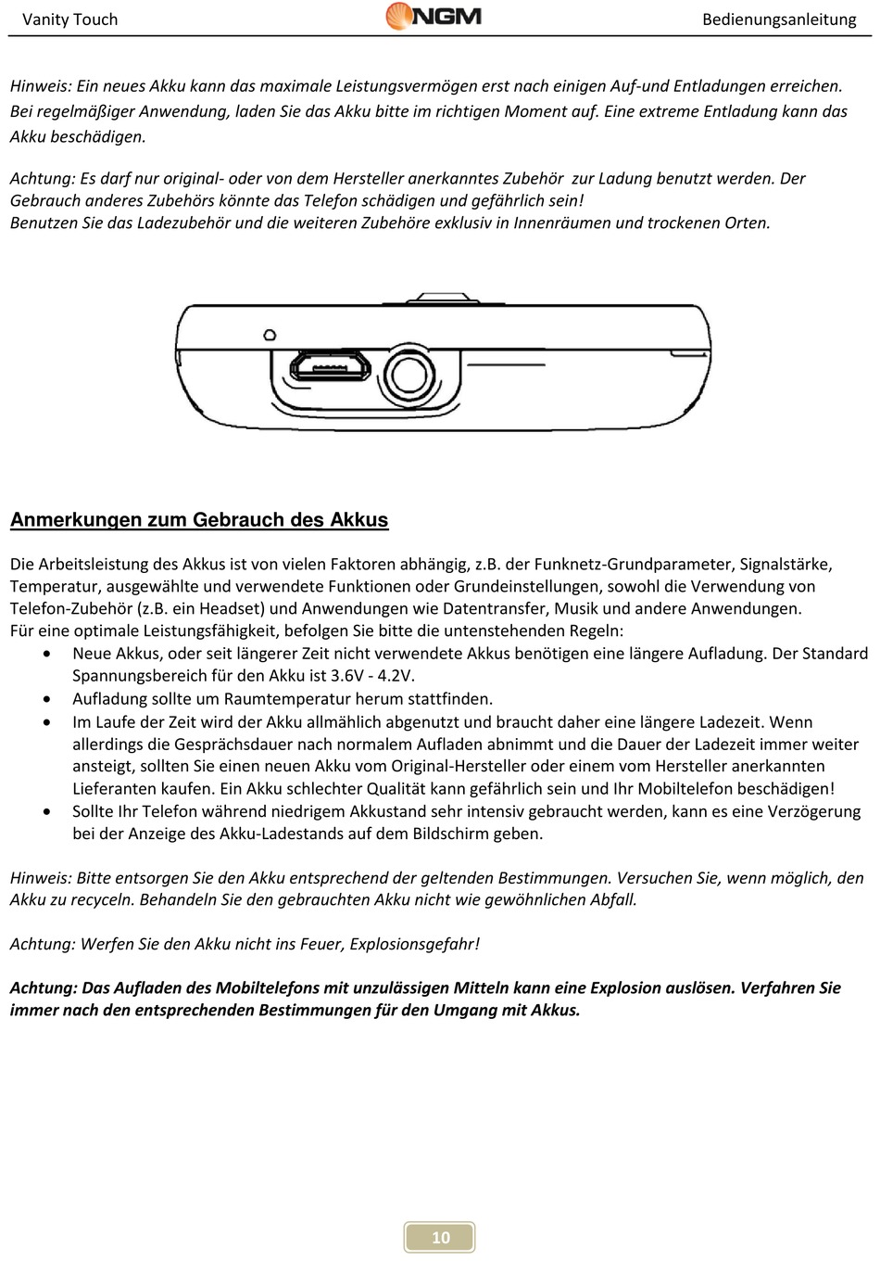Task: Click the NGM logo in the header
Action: (434, 17)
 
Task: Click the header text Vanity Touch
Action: (69, 19)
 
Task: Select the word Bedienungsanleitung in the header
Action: (779, 19)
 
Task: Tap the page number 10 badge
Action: (440, 1237)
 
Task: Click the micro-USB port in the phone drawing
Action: (331, 367)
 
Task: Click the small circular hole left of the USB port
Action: (270, 334)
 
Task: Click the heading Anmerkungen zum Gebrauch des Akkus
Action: (199, 520)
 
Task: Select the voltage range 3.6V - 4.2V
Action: (372, 676)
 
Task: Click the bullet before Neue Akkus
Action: (48, 654)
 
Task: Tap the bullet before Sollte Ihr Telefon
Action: (48, 811)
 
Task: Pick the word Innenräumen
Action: (561, 223)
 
